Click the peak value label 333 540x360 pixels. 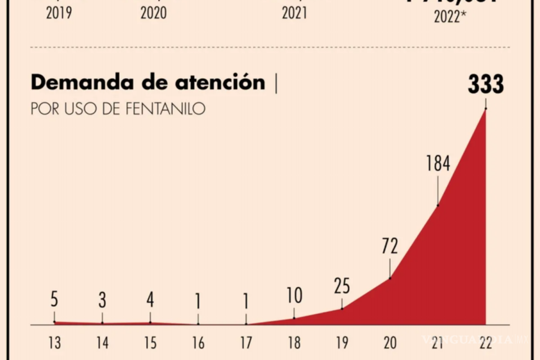tap(486, 85)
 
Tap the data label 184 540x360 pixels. tap(438, 164)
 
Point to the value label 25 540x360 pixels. tap(342, 286)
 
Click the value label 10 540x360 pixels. tap(294, 296)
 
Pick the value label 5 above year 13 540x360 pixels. tap(54, 298)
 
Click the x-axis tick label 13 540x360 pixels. tap(54, 343)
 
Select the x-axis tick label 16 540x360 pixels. tap(198, 343)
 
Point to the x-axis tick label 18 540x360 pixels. tap(294, 343)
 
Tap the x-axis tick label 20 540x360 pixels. tap(390, 343)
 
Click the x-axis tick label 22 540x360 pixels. tap(486, 343)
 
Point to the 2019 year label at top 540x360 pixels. tap(58, 13)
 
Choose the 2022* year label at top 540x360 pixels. tap(450, 17)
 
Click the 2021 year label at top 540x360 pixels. tap(294, 13)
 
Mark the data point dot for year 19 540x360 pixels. tap(342, 308)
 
